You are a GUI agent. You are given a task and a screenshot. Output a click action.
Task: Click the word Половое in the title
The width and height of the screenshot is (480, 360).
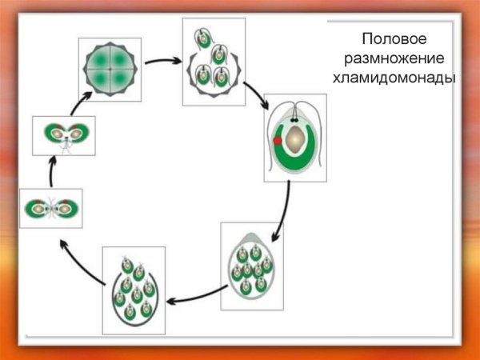(x=394, y=39)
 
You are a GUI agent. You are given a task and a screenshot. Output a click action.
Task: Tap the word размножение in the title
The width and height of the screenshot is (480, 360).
(x=394, y=58)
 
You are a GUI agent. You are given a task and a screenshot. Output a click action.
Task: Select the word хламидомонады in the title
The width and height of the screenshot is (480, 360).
(x=394, y=78)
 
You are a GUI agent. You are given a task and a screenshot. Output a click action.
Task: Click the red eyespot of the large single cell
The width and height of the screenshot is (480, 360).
(x=278, y=141)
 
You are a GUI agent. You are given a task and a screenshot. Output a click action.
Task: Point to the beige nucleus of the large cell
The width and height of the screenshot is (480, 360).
(x=294, y=139)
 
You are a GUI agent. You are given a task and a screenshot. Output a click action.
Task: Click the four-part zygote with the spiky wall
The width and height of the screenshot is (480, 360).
(x=110, y=69)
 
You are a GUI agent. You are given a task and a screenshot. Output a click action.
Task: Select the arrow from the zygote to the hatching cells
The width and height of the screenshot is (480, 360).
(x=162, y=61)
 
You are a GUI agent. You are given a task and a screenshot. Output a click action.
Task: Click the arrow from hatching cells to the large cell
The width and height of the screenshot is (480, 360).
(x=257, y=95)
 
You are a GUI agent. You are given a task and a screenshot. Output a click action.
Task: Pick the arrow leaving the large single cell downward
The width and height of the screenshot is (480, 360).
(x=284, y=211)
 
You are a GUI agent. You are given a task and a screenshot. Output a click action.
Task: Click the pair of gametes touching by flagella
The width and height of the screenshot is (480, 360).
(x=51, y=209)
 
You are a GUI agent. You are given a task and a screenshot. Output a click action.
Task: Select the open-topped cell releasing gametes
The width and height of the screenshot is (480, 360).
(x=134, y=291)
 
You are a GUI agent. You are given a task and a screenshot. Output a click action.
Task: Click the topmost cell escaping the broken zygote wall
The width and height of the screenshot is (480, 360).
(x=203, y=38)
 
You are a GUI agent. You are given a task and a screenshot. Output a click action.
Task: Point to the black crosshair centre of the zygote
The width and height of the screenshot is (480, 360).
(x=110, y=69)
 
